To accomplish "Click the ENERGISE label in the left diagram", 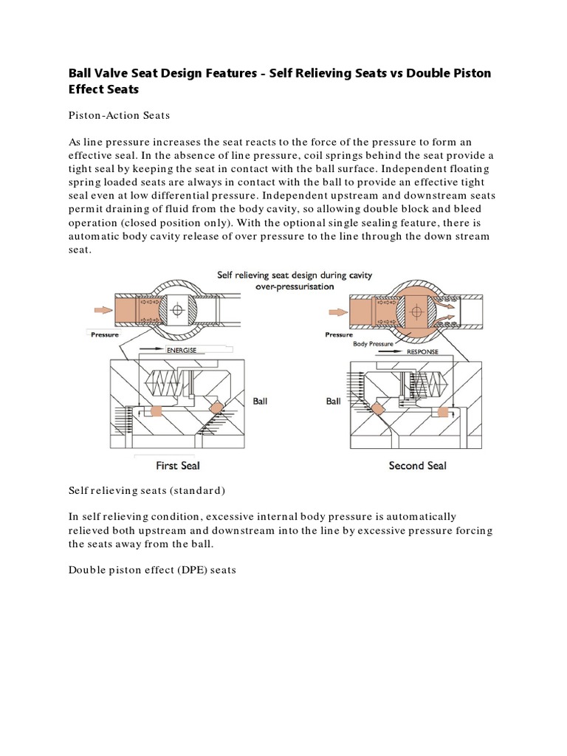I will (x=182, y=350).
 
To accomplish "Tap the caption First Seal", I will (x=178, y=466).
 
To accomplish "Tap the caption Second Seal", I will (x=417, y=466).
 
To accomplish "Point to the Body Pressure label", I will (x=374, y=343).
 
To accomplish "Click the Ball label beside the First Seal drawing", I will (x=261, y=402).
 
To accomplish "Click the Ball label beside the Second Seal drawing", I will (x=334, y=402).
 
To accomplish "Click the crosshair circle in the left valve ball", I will (x=177, y=312).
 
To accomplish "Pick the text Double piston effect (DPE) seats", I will (x=152, y=571).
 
